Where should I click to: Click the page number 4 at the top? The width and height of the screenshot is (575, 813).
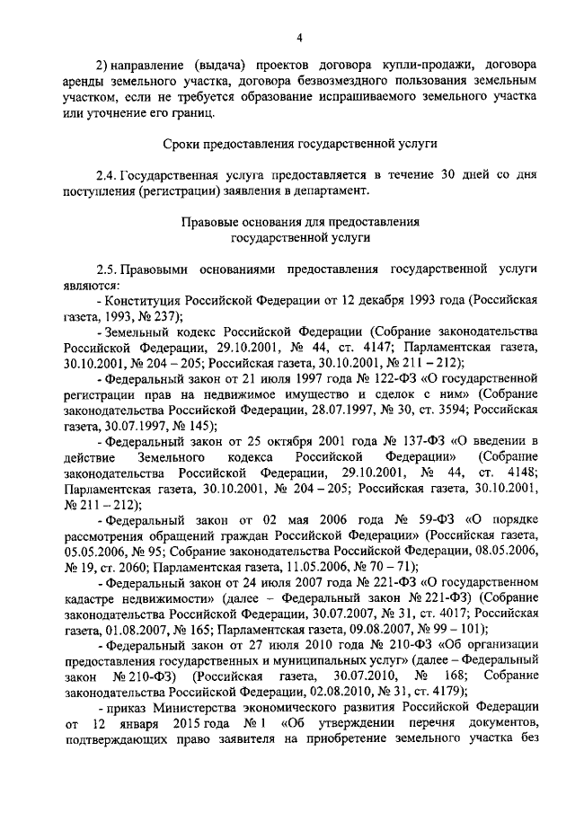click(x=300, y=37)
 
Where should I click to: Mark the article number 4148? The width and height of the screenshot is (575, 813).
click(x=521, y=473)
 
